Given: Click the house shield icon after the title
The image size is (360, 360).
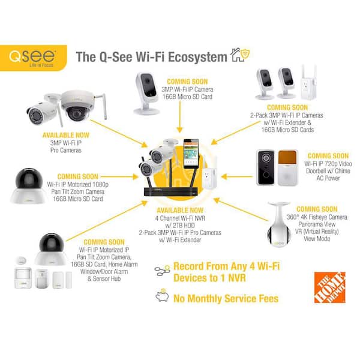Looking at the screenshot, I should (x=241, y=56).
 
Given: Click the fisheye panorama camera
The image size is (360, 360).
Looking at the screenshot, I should (x=277, y=229).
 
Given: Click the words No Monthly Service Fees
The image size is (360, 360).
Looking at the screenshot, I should (x=226, y=298).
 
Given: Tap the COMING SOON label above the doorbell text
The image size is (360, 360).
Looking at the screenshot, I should (x=326, y=155).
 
